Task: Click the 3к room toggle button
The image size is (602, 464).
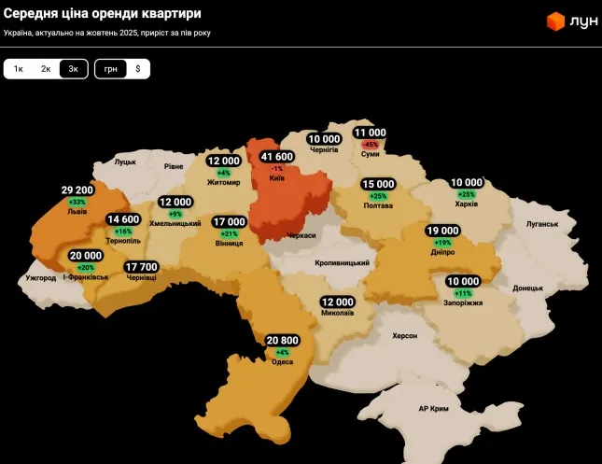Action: coord(74,69)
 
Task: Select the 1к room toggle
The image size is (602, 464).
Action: coord(18,69)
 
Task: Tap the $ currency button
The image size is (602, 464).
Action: coord(138,69)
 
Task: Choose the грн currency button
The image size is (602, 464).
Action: coord(111,69)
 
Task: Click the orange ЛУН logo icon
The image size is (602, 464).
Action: coord(555,21)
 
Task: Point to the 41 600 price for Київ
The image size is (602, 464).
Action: coord(277,156)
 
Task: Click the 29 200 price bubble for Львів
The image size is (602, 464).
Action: coord(77,190)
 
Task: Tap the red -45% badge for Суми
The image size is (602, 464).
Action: coord(371,145)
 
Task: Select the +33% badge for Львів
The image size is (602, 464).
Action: coord(77,202)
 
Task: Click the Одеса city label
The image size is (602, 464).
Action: coord(282,362)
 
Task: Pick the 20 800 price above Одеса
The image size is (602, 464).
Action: coord(282,340)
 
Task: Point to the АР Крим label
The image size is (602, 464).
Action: coord(435,410)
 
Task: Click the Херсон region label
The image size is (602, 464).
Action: coord(404,335)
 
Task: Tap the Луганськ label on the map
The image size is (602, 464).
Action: coord(541,224)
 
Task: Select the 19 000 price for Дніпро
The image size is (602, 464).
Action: coord(442,230)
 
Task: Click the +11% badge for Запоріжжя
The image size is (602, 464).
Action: coord(463,293)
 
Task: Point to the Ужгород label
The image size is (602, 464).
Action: coord(41,278)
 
